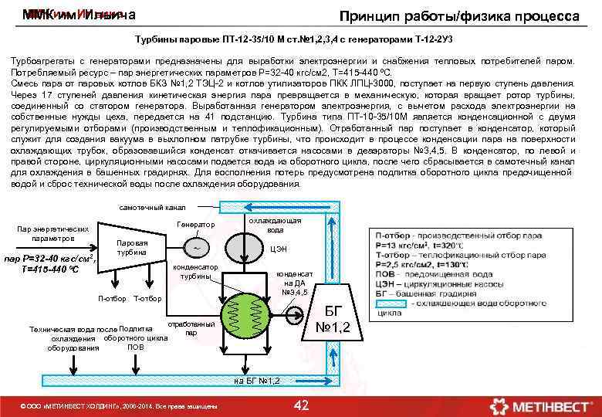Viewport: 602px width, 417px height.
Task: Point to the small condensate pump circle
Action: (295, 314)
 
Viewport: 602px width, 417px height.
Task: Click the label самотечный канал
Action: (152, 207)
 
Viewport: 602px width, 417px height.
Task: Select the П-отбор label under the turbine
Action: (112, 299)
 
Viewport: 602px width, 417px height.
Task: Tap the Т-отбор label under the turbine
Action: (147, 299)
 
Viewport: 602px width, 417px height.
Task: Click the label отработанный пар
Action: (185, 328)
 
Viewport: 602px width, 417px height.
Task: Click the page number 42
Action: (302, 405)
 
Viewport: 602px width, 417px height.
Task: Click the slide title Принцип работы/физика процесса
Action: (460, 16)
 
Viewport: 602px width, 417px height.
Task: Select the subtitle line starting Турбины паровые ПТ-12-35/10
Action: (300, 39)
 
